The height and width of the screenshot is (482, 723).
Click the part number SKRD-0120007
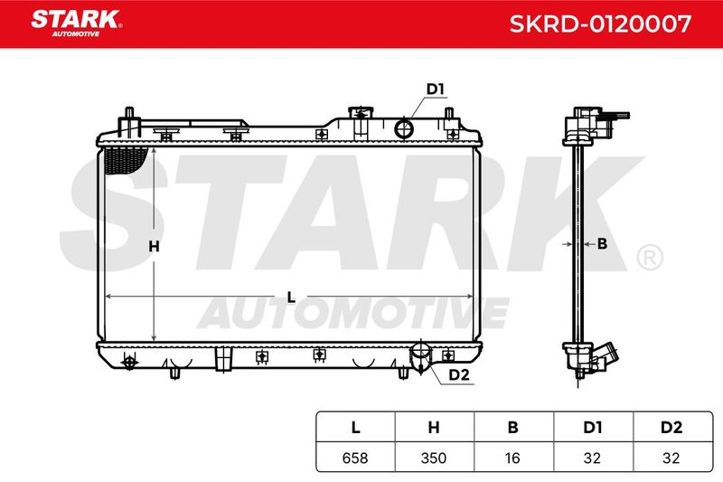tap(600, 24)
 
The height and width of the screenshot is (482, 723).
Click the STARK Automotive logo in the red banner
tap(77, 24)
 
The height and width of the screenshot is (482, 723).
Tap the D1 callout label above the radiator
tap(435, 89)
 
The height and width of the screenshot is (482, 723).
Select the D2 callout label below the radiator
tap(459, 374)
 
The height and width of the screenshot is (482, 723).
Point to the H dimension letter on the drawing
tap(154, 247)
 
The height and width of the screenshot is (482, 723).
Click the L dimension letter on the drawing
tap(291, 298)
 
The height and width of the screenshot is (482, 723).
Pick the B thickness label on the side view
tap(602, 243)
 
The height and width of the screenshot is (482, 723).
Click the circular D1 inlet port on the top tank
tap(404, 128)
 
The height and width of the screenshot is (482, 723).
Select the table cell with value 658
tap(355, 458)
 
